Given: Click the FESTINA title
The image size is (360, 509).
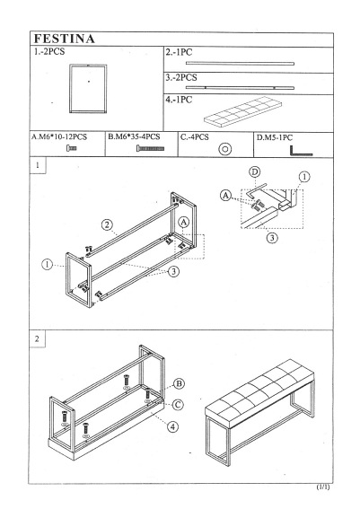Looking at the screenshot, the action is [65, 39].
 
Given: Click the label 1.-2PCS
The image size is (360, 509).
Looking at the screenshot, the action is [49, 51].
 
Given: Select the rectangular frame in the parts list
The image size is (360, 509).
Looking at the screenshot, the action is [88, 65].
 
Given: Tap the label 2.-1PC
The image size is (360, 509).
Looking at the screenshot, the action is [179, 52].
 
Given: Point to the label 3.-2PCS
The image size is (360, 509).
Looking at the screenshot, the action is [181, 77].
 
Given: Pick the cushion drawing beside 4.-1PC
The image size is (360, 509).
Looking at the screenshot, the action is [242, 110].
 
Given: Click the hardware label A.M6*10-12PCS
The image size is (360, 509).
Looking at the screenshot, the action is [59, 136].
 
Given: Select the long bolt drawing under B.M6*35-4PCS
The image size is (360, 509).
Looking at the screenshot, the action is [150, 149].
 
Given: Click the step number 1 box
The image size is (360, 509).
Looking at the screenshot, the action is [38, 165].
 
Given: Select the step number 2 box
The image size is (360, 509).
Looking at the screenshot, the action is [37, 338].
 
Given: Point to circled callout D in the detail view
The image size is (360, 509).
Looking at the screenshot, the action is [255, 171].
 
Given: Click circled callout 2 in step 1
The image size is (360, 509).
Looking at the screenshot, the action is [107, 224].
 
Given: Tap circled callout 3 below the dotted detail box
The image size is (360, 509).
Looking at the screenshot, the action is [272, 238].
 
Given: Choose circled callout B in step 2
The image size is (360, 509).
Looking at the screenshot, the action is [179, 384].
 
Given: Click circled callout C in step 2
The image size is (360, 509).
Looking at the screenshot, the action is [178, 405].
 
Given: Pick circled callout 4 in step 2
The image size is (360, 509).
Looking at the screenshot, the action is [172, 426].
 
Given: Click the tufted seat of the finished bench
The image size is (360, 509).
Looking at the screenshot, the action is [259, 393].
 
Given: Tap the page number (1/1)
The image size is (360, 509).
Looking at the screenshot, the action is [323, 487].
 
